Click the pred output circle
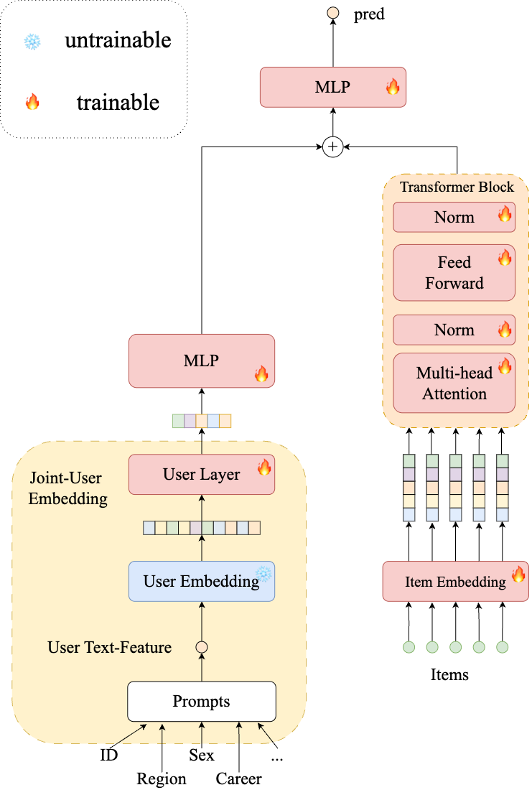tap(332, 13)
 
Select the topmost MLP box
tap(332, 88)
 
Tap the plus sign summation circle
tap(332, 147)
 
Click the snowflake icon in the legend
tap(32, 42)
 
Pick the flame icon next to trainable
tap(32, 102)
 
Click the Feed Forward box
tap(454, 273)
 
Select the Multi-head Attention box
tap(454, 383)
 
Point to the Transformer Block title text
tap(457, 187)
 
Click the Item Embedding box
tap(455, 582)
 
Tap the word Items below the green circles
tap(449, 674)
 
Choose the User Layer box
tap(202, 474)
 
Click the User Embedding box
tap(202, 581)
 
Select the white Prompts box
tap(202, 701)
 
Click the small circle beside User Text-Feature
tap(202, 647)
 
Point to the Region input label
tap(162, 779)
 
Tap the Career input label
tap(239, 779)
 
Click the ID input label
tap(109, 755)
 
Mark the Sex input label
tap(202, 755)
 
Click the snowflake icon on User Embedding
tap(264, 573)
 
